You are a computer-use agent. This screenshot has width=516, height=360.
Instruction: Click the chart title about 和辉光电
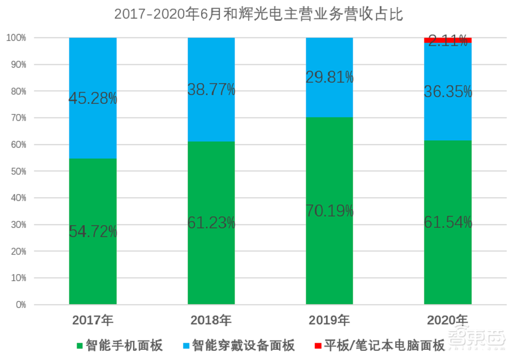[258, 14]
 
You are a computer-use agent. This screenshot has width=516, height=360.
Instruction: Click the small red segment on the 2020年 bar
[448, 40]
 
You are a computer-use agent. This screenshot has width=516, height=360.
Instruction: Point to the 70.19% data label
[329, 211]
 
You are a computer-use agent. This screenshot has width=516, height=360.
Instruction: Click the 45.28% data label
[93, 98]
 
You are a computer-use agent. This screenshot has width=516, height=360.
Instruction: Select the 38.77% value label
[211, 90]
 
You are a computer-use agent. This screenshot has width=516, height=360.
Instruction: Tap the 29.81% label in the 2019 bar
[329, 77]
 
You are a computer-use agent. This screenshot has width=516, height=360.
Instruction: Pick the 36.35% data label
[448, 92]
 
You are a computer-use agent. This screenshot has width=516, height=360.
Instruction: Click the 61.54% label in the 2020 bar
[448, 223]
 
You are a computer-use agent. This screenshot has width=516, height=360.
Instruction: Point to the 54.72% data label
[93, 232]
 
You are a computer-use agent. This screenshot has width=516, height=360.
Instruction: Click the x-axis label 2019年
[329, 320]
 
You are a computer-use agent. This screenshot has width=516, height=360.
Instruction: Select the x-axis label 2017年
[93, 320]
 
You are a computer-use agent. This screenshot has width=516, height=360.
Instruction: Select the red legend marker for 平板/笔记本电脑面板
[317, 345]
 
